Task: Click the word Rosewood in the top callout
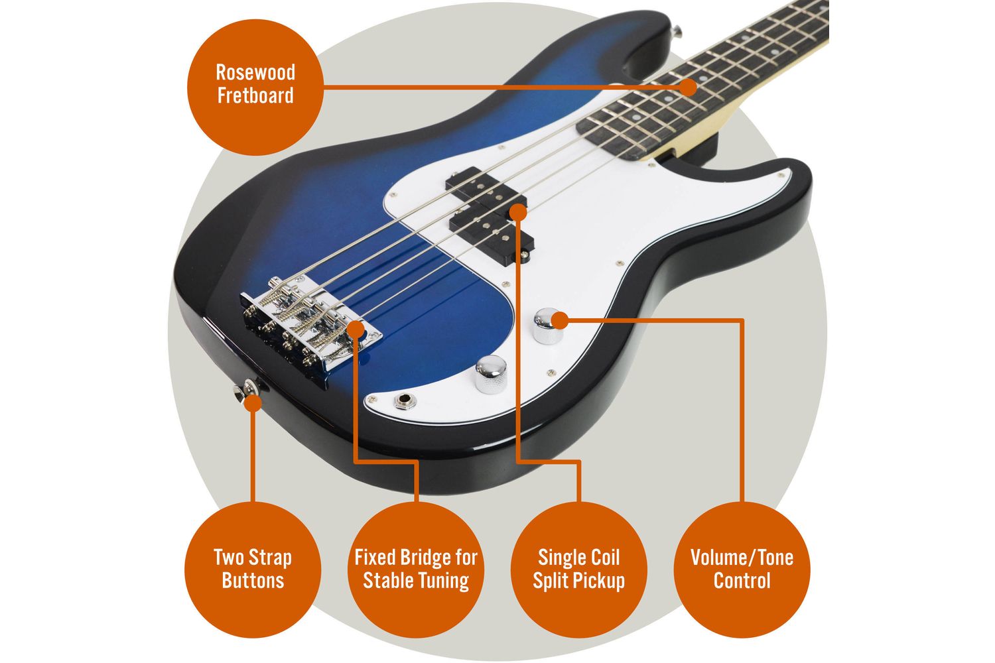[255, 72]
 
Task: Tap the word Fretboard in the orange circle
[255, 95]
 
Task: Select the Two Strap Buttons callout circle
[253, 570]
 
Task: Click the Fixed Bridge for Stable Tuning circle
[416, 570]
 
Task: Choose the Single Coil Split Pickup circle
[579, 570]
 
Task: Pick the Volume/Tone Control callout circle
[742, 570]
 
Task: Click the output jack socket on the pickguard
[405, 401]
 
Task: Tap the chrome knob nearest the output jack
[491, 374]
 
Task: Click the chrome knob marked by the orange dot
[548, 326]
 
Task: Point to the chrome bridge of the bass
[311, 324]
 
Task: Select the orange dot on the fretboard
[689, 87]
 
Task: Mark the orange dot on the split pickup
[518, 212]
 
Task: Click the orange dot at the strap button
[253, 403]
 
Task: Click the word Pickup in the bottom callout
[600, 581]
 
